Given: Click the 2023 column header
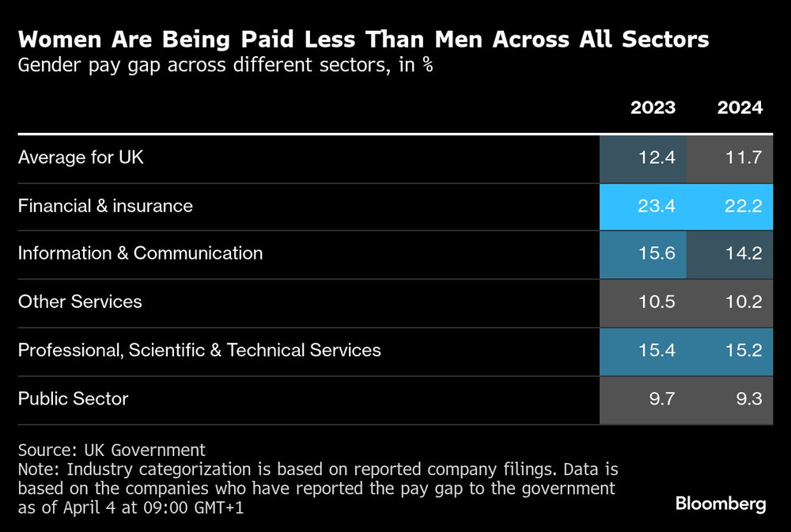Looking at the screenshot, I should (653, 108).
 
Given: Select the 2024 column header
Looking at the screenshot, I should (740, 108).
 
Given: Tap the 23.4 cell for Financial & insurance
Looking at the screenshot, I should (643, 207).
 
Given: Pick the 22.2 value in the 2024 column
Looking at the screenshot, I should (730, 207).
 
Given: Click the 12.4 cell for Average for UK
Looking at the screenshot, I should (643, 158).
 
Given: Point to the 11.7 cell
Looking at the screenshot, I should (730, 158).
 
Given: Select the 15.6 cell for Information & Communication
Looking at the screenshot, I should (643, 254).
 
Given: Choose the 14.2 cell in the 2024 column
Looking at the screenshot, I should (730, 254).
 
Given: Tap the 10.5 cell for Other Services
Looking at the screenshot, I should (643, 302).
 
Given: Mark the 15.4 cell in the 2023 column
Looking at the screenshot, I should (643, 351).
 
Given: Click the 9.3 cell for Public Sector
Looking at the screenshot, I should (730, 399).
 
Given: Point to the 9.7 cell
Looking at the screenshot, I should (643, 399).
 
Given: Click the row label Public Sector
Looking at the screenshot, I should (73, 399).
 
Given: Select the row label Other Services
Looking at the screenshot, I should (80, 302).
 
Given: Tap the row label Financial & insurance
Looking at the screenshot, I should (105, 206).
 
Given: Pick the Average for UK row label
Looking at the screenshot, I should (81, 158).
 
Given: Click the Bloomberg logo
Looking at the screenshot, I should (720, 503).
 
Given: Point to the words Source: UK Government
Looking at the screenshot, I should (112, 450).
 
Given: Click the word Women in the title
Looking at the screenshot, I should (59, 40).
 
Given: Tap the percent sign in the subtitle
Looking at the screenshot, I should (427, 65).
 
